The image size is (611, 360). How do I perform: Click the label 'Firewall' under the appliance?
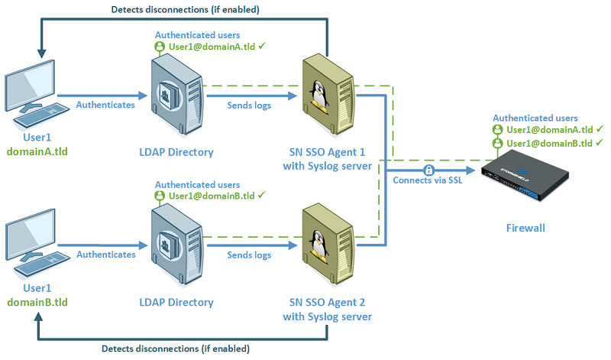coord(526,228)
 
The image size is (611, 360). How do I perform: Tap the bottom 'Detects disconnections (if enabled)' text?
coord(174,349)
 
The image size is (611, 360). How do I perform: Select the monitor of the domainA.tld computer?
coord(29,84)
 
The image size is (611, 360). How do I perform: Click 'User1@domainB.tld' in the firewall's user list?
coord(548,143)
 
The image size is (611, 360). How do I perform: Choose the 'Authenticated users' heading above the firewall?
coord(535,118)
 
